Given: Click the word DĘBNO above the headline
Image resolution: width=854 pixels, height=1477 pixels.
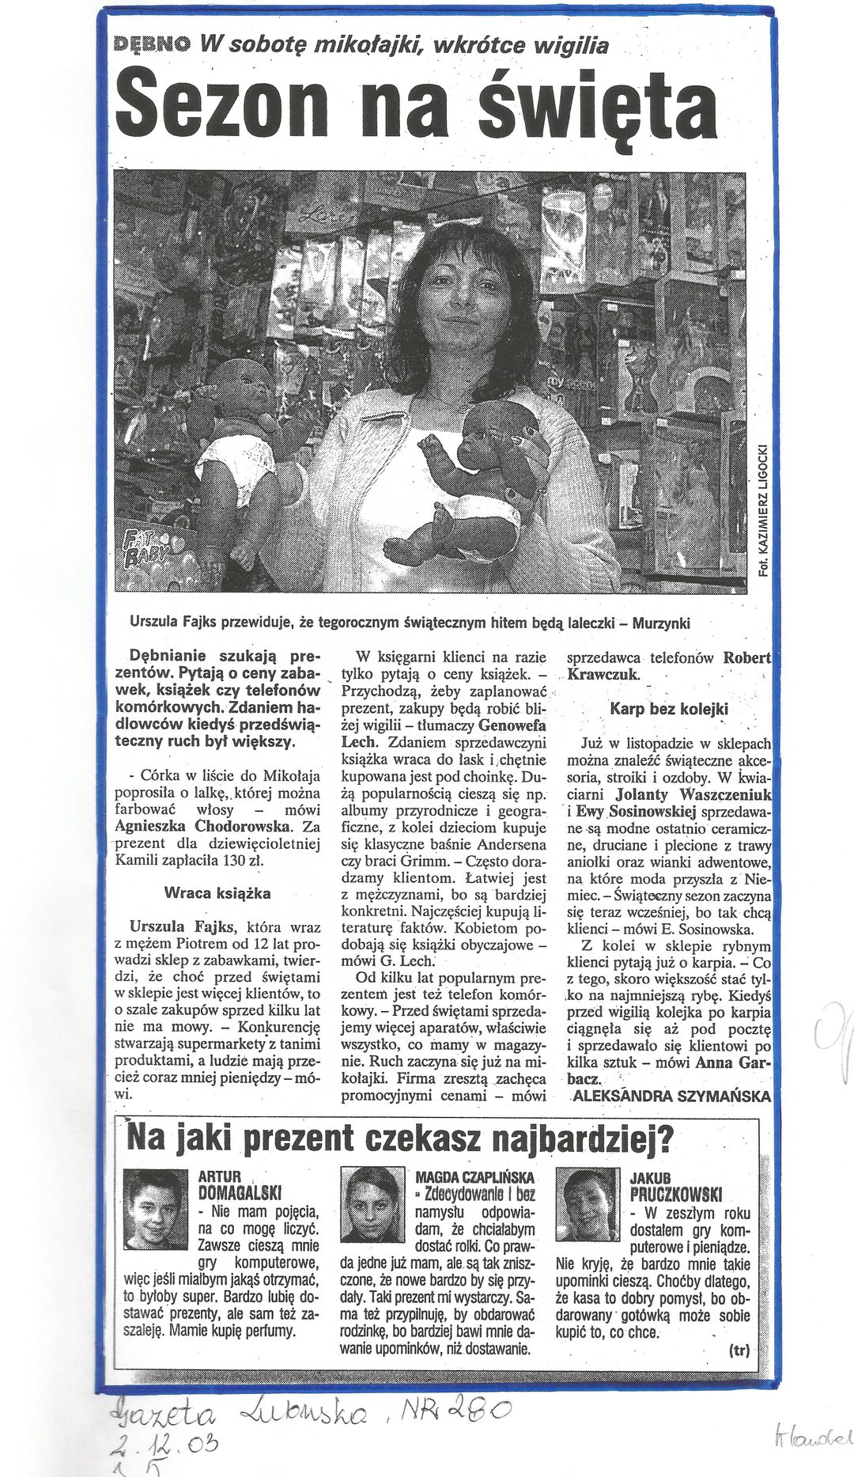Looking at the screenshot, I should coord(152,44).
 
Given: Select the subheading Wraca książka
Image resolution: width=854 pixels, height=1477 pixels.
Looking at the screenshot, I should coord(217,893).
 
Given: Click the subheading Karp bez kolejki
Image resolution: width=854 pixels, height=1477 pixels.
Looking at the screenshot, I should coord(669,709).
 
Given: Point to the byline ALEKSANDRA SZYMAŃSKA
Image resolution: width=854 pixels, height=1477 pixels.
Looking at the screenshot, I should coord(671,1096).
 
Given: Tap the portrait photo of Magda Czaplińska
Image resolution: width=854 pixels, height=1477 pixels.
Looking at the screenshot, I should coord(372,1204).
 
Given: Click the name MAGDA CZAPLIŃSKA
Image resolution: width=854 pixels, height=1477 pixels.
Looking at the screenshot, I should coord(474,1177).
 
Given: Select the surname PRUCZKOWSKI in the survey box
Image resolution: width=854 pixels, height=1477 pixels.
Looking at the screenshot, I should coord(675,1195).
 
